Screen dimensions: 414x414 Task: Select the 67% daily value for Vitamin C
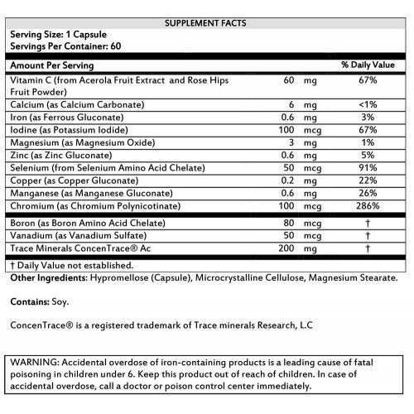368,81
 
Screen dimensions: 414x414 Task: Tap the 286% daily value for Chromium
368,205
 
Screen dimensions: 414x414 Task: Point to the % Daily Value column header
368,65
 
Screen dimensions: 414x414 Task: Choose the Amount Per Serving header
51,65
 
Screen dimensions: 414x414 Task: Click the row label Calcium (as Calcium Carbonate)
75,106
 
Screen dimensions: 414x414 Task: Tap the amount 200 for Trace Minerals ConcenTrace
286,248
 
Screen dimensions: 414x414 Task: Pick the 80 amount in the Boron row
289,224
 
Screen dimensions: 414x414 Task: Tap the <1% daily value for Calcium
368,106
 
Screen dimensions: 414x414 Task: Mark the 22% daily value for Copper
368,180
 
